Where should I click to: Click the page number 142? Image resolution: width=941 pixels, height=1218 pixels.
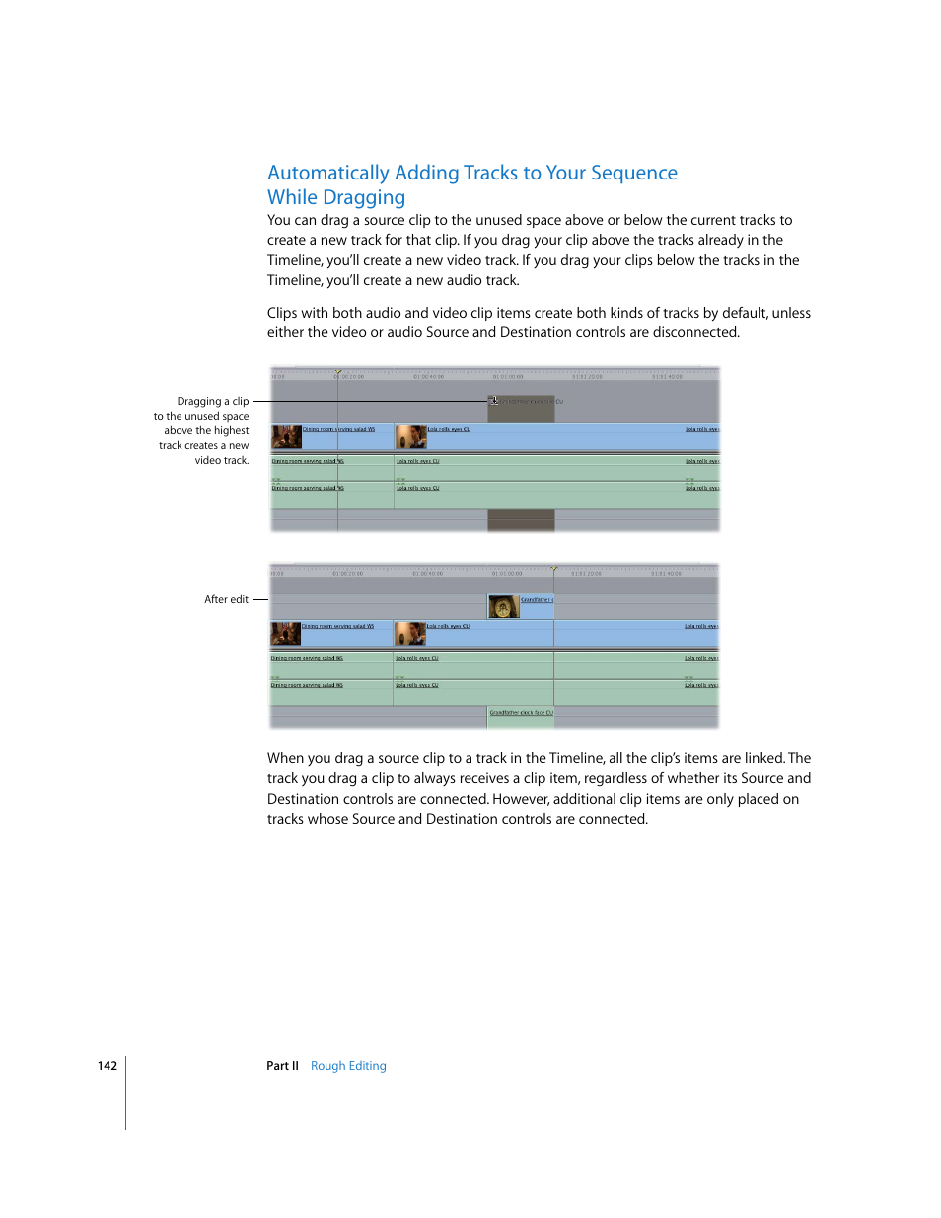(x=108, y=1066)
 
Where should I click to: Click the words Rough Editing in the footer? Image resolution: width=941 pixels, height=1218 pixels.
(x=348, y=1066)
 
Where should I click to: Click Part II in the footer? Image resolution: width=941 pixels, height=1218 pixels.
(x=282, y=1066)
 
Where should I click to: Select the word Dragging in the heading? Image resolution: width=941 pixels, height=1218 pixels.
(x=364, y=197)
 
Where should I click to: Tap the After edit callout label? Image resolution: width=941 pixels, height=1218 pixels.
(x=226, y=599)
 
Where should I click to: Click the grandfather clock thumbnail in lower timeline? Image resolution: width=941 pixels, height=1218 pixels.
(x=503, y=607)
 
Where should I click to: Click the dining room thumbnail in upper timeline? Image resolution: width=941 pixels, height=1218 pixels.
(x=286, y=436)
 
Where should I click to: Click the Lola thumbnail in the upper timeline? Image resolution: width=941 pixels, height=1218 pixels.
(x=410, y=436)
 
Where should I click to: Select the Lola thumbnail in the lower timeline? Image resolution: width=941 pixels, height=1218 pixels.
(x=409, y=633)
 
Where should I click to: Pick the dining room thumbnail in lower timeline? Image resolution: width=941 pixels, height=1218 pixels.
(x=285, y=633)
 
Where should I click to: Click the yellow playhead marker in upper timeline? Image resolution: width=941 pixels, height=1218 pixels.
(x=338, y=372)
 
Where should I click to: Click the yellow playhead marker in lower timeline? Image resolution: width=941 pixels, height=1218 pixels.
(x=554, y=569)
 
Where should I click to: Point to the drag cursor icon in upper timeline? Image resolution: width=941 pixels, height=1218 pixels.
(x=494, y=401)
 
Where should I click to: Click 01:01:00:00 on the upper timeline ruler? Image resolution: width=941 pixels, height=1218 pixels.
(x=508, y=377)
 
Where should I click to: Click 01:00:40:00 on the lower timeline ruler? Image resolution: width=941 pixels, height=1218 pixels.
(x=427, y=574)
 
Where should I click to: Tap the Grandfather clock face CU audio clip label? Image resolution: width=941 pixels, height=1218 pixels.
(x=521, y=713)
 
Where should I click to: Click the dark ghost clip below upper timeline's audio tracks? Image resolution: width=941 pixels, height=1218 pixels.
(x=521, y=521)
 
